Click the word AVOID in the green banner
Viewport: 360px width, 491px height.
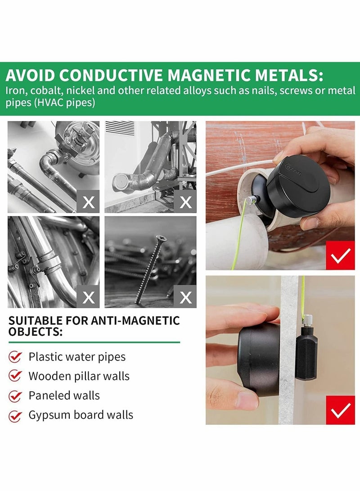(x=30, y=74)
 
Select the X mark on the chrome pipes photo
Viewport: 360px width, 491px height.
(x=89, y=202)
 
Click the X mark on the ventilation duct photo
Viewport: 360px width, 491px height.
(x=185, y=202)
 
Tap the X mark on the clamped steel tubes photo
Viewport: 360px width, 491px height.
(x=89, y=297)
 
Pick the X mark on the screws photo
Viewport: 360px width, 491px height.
(x=185, y=297)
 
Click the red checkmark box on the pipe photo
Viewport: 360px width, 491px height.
(x=341, y=256)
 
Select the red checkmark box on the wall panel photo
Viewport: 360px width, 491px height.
(x=341, y=410)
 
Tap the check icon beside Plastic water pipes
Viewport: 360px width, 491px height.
(x=16, y=357)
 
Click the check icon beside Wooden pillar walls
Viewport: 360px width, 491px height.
(x=16, y=376)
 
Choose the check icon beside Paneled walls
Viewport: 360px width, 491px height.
(x=16, y=396)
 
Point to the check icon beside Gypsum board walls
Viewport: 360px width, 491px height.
(x=16, y=415)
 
